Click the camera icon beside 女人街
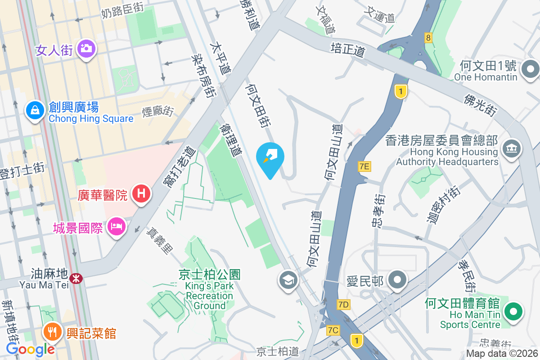(85, 48)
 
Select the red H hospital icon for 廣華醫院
(141, 194)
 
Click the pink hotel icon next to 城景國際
(117, 226)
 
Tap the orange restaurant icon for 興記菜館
(53, 333)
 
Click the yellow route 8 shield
(428, 38)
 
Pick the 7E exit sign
(364, 166)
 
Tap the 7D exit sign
(343, 305)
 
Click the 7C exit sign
(333, 330)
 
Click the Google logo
(31, 349)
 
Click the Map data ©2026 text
(502, 354)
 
